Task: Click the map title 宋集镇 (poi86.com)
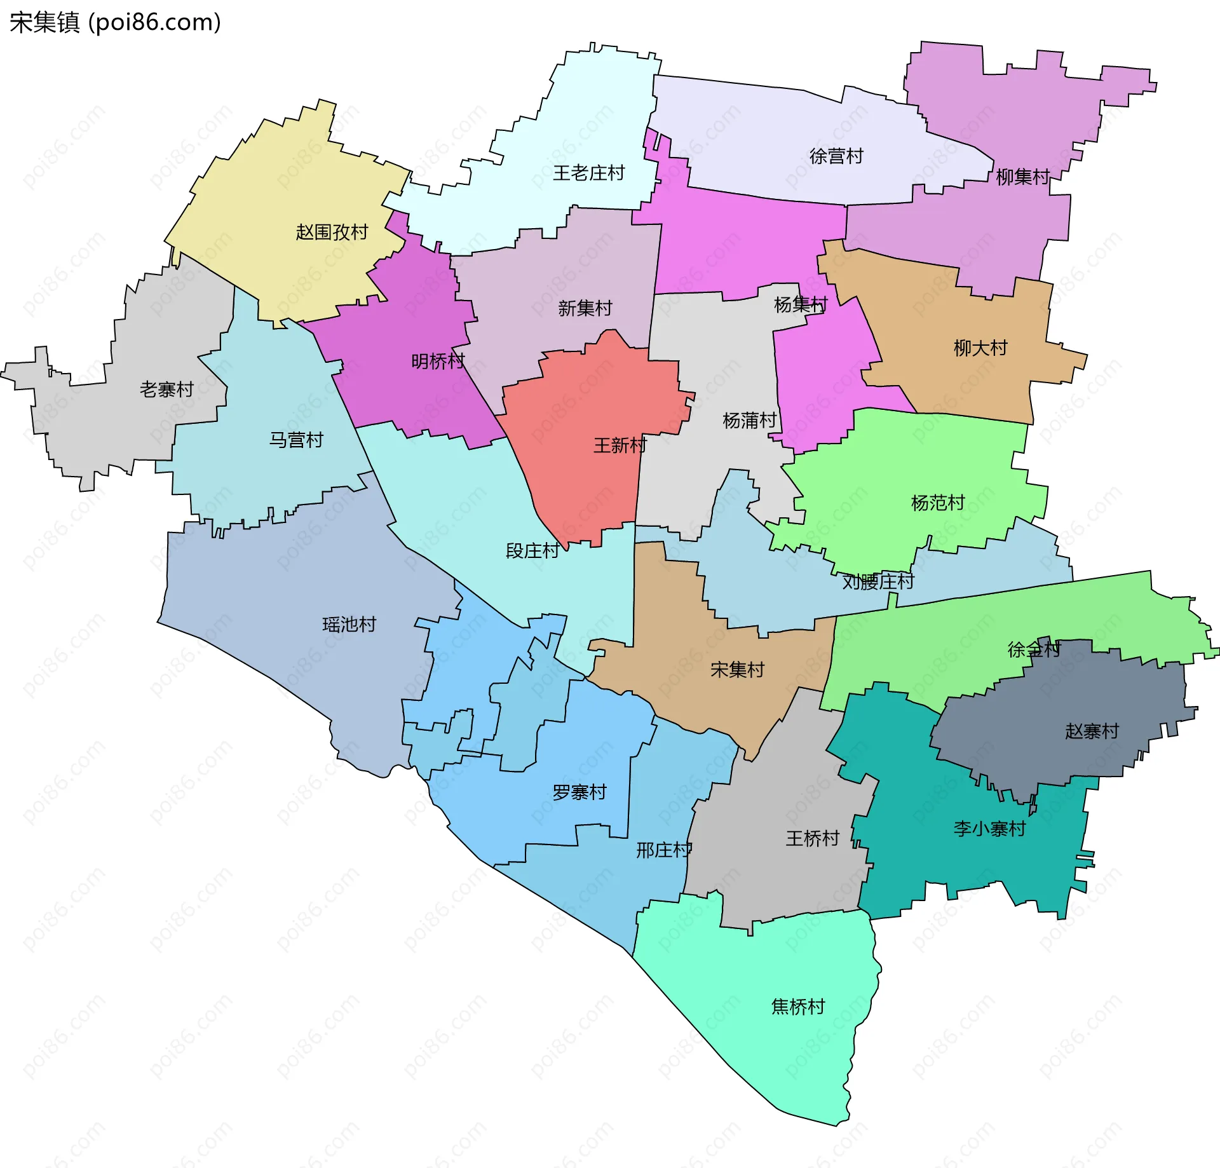click(115, 23)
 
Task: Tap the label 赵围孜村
click(332, 232)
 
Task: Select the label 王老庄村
click(588, 173)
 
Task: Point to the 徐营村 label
click(836, 156)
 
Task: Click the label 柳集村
click(1022, 177)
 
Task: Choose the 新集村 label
click(585, 308)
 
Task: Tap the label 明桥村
click(438, 362)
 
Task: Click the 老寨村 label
click(166, 390)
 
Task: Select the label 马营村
click(296, 440)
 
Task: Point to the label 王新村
click(620, 445)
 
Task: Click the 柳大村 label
click(980, 348)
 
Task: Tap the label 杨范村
click(938, 503)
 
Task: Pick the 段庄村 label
click(532, 550)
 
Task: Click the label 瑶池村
click(349, 624)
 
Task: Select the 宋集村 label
click(737, 669)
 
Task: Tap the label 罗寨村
click(579, 792)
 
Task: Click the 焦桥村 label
click(797, 1006)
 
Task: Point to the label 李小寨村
click(989, 828)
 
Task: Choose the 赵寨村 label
click(1092, 731)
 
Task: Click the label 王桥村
click(813, 838)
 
